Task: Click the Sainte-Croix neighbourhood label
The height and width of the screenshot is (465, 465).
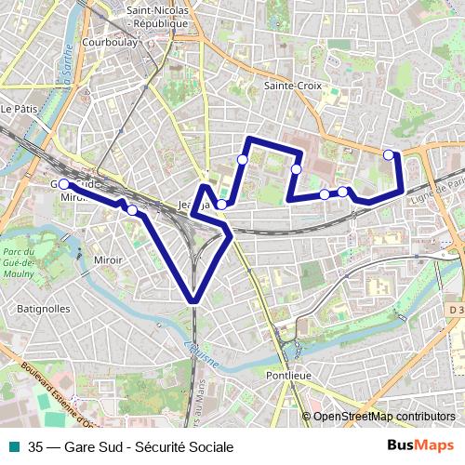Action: pyautogui.click(x=293, y=85)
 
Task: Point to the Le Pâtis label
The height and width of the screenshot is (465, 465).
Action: pyautogui.click(x=18, y=109)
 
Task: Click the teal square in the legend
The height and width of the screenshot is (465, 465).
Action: pyautogui.click(x=13, y=446)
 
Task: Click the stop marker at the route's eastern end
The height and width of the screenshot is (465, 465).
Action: pyautogui.click(x=389, y=154)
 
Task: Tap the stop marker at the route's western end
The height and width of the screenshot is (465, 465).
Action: pyautogui.click(x=63, y=185)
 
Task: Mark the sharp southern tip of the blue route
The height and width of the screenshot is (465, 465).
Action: pyautogui.click(x=193, y=299)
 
